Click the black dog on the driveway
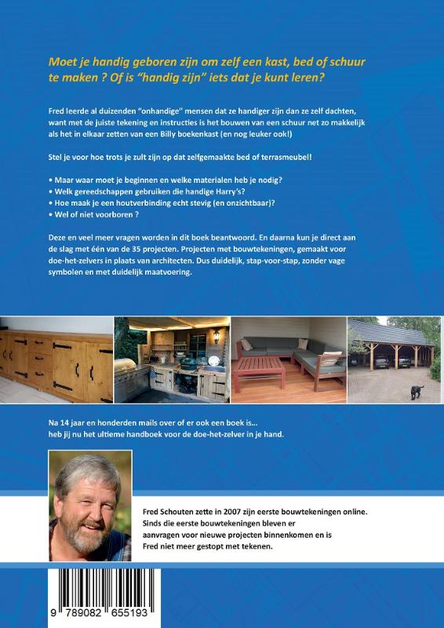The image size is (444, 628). point(416,391)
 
